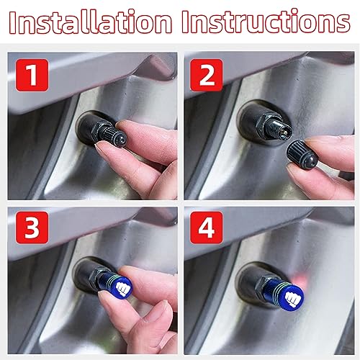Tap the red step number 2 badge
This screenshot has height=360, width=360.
[205, 74]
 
